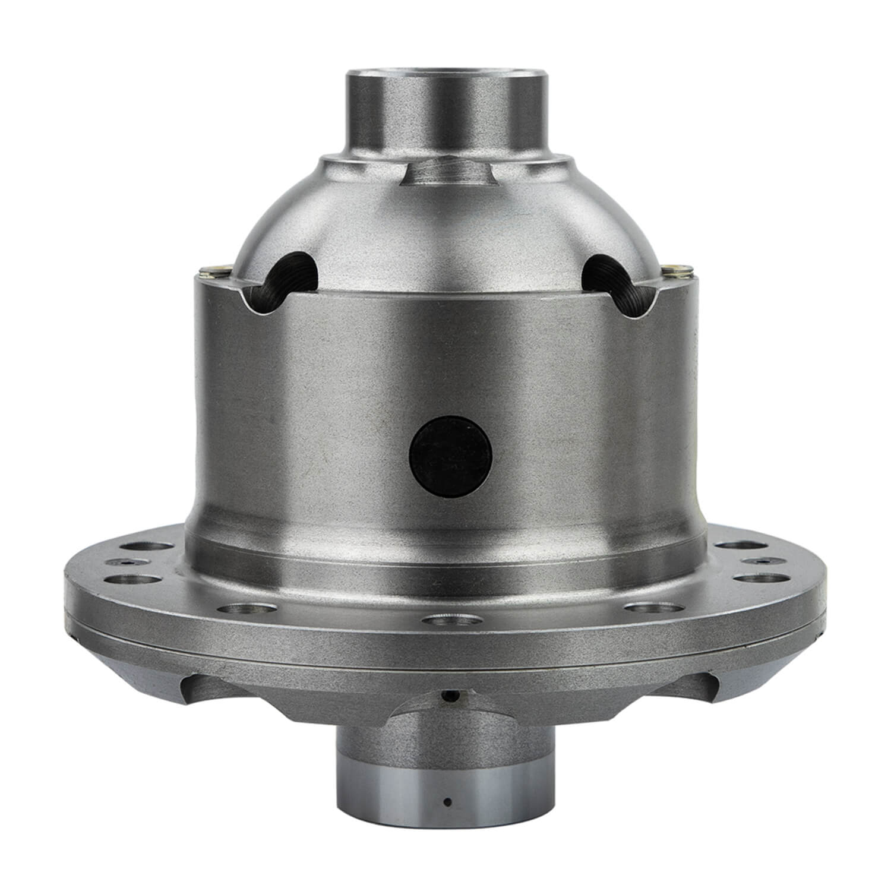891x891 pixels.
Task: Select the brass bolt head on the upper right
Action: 678,271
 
